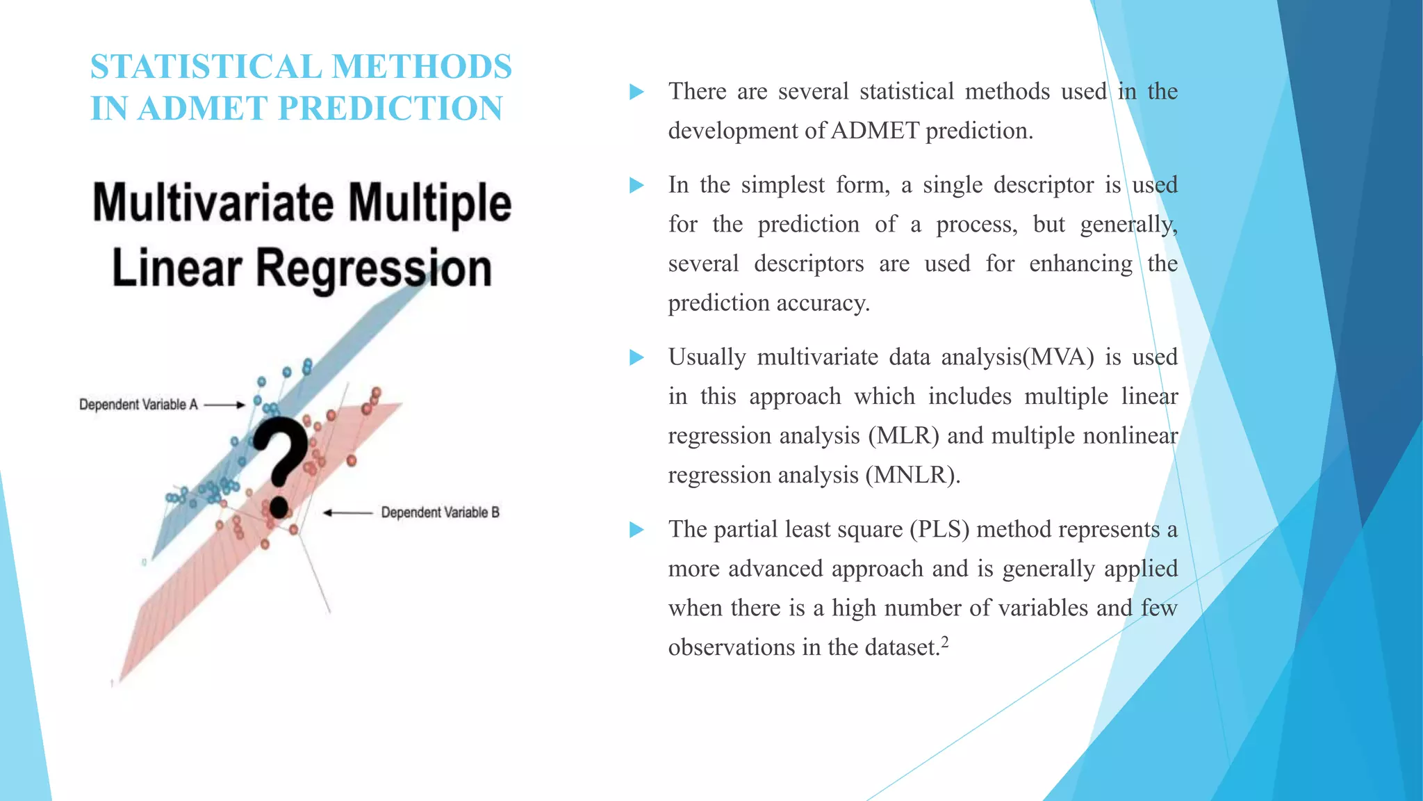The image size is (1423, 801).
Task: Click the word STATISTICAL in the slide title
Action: (x=206, y=67)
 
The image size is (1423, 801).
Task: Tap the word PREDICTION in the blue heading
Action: (x=390, y=109)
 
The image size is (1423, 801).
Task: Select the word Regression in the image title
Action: (x=374, y=269)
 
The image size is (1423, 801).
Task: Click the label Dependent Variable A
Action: (x=138, y=405)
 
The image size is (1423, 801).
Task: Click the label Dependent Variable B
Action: (x=440, y=513)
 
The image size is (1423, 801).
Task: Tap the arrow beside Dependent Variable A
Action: (x=224, y=405)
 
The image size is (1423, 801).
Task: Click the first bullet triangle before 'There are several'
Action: (x=636, y=92)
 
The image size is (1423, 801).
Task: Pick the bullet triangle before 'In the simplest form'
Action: (x=636, y=185)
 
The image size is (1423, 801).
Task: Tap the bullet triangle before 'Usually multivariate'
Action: (x=636, y=357)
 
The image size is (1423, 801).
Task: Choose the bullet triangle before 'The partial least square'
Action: (x=636, y=530)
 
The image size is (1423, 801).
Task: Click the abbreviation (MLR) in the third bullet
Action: (x=903, y=436)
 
